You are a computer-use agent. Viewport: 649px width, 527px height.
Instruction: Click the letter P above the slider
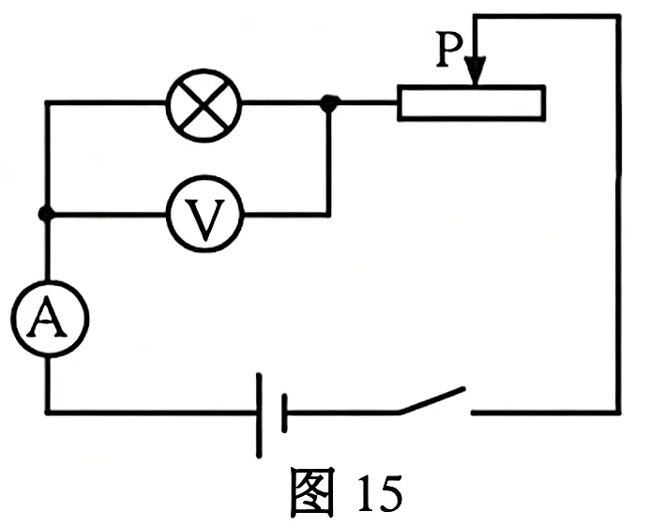click(449, 50)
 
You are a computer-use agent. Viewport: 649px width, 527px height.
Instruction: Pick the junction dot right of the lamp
click(330, 102)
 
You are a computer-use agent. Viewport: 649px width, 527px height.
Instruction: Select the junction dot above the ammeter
click(46, 214)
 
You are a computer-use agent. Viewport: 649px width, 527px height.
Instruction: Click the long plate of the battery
click(259, 414)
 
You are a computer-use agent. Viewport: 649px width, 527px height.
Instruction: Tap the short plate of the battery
click(284, 414)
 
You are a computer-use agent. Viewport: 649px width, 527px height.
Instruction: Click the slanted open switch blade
click(431, 400)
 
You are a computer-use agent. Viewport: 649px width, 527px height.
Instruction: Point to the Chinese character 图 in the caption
click(312, 492)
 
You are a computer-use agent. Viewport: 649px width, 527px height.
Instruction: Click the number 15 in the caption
click(380, 492)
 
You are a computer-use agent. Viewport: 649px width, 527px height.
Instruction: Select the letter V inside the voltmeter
click(204, 220)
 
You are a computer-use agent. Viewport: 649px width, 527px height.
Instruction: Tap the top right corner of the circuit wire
click(619, 17)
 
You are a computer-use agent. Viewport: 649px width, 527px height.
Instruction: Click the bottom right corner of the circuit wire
click(619, 413)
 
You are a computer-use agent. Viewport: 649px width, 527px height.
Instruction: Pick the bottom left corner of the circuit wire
click(48, 413)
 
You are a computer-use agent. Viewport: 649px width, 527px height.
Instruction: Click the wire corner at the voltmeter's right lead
click(328, 214)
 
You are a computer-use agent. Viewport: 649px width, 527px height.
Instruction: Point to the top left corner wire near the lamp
click(48, 102)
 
